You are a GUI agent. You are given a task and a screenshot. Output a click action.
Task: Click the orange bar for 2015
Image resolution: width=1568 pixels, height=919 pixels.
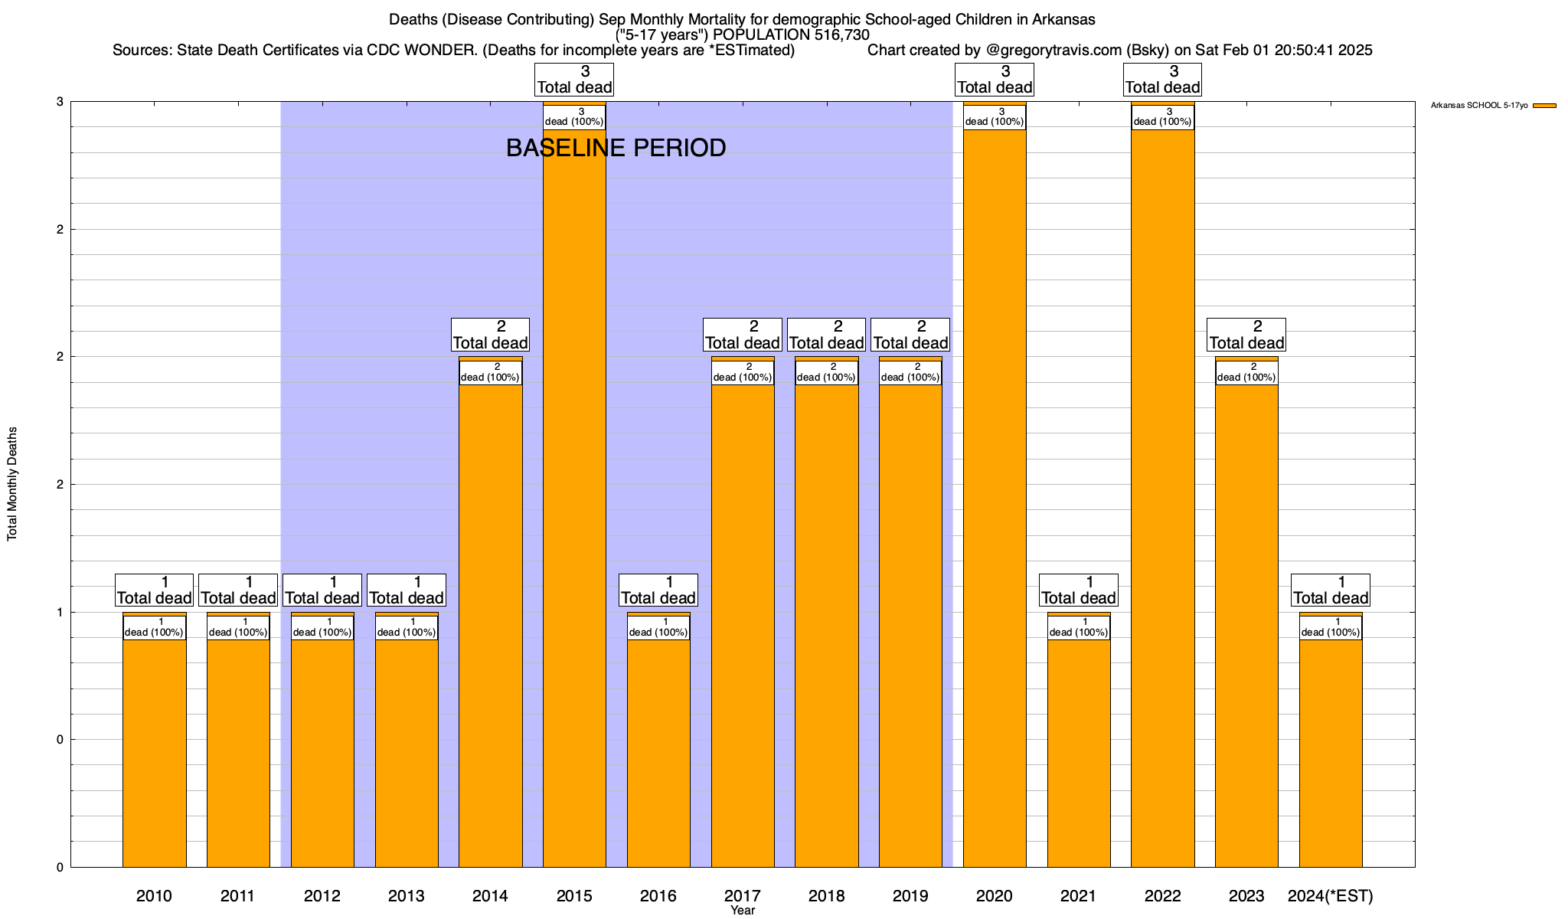[x=574, y=498]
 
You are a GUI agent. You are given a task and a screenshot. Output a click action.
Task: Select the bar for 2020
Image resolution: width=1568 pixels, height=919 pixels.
[x=995, y=498]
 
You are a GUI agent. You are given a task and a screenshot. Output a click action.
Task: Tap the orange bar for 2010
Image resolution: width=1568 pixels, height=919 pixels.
[x=154, y=751]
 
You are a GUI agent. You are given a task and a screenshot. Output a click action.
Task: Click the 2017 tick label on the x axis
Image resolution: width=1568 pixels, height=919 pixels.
[x=742, y=895]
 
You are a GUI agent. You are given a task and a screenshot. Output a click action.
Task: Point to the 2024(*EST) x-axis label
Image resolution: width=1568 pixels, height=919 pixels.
[x=1331, y=895]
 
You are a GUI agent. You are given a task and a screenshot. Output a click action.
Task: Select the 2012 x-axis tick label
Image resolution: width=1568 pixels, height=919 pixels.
[x=322, y=895]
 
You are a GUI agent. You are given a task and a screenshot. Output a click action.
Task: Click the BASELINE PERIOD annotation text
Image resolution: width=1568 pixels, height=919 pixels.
[x=616, y=148]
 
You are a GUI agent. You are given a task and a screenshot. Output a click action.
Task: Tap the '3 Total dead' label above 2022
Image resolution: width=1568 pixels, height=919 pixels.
[x=1162, y=80]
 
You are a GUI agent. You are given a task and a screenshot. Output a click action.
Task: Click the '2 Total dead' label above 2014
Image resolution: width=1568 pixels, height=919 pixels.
[x=490, y=335]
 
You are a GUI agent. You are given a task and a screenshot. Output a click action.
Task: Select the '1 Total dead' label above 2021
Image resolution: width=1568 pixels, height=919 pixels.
[x=1078, y=590]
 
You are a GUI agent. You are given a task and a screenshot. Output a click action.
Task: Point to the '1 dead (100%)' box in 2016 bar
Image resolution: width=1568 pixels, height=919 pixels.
[x=658, y=627]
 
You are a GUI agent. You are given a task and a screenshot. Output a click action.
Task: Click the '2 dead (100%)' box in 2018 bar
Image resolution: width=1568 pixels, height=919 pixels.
[x=826, y=372]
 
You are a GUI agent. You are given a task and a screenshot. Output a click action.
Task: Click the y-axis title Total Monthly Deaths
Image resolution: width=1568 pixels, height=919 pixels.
[x=12, y=484]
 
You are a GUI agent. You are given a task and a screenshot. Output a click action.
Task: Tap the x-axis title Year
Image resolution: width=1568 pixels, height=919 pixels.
[x=742, y=911]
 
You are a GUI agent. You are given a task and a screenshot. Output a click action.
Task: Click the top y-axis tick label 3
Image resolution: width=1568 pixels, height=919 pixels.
[x=58, y=102]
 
